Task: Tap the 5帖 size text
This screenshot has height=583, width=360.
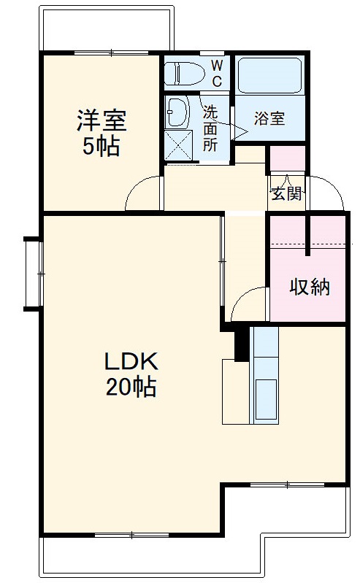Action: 101,146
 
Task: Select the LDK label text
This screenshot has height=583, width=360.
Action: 131,361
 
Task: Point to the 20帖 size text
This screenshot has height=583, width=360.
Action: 131,387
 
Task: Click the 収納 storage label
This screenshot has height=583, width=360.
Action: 310,287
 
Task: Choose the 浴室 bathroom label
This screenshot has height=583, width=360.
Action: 269,119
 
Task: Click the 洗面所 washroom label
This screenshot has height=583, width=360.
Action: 210,128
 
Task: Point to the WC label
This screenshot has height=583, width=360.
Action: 217,72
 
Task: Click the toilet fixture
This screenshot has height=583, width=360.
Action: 183,74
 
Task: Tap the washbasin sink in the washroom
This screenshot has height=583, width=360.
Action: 177,112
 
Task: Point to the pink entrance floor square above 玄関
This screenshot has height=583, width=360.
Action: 287,159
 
